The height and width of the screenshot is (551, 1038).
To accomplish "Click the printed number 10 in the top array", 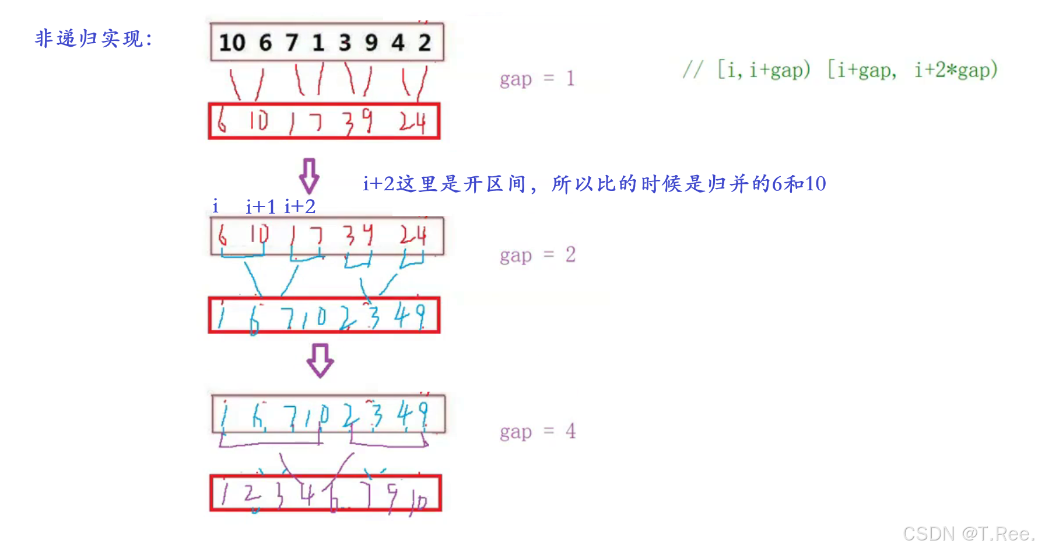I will (x=232, y=43).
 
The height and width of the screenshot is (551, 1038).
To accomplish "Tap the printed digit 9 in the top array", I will (x=371, y=43).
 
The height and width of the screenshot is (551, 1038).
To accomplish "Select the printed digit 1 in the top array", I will (x=318, y=43).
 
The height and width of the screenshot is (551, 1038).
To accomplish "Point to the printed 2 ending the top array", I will (x=425, y=43).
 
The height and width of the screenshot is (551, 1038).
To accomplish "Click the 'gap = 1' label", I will (x=537, y=79).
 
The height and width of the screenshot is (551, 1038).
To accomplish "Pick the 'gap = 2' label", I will (x=537, y=255).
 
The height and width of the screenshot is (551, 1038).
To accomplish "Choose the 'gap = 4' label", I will (x=537, y=432).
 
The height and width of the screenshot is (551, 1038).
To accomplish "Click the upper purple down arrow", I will (x=309, y=176).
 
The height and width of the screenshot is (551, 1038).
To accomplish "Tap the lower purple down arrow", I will (x=320, y=360).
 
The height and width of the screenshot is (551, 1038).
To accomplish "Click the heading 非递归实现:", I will (x=93, y=39).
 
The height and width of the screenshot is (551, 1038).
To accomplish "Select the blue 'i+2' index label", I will (x=300, y=207).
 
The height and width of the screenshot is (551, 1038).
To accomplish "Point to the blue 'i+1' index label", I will (x=260, y=207).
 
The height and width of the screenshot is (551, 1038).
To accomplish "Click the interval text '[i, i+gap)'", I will (x=764, y=70).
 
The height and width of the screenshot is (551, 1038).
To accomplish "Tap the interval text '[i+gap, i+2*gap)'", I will (x=913, y=70).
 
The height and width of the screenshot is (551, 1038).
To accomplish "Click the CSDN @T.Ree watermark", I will (x=968, y=533).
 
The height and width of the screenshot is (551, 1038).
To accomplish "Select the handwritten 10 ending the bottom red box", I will (x=419, y=501).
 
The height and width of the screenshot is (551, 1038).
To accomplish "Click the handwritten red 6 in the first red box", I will (x=222, y=121).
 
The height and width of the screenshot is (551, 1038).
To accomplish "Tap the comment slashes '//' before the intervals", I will (x=693, y=70).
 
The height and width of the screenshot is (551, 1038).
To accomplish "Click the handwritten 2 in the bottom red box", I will (x=252, y=496).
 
